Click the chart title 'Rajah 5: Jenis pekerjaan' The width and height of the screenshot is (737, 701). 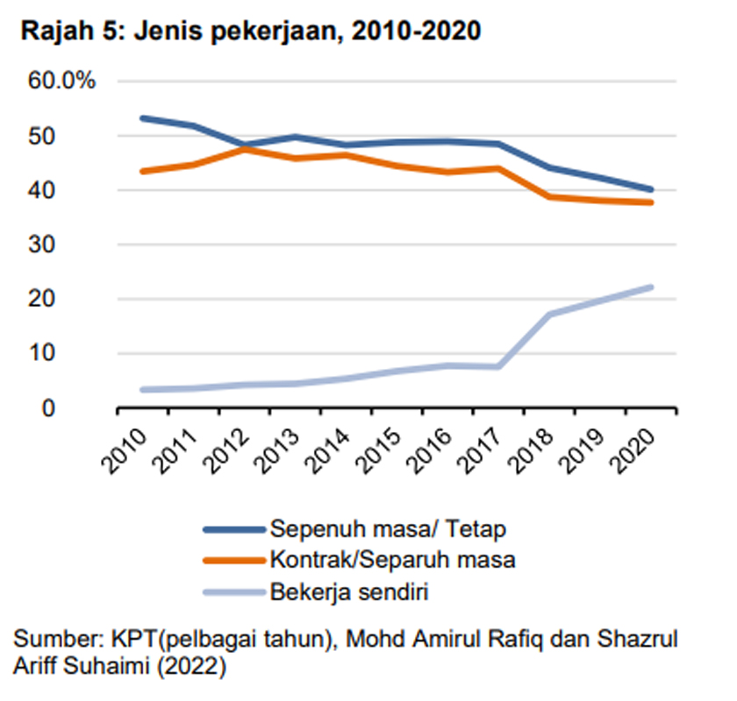click(x=250, y=32)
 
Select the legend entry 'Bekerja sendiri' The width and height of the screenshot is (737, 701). click(x=350, y=591)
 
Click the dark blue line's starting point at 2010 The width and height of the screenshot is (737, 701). click(x=142, y=117)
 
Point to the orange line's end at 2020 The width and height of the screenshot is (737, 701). click(x=650, y=202)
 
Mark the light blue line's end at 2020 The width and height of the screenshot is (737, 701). click(x=650, y=287)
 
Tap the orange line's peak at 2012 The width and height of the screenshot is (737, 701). click(x=243, y=148)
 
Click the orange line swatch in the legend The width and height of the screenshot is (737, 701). click(x=233, y=561)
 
